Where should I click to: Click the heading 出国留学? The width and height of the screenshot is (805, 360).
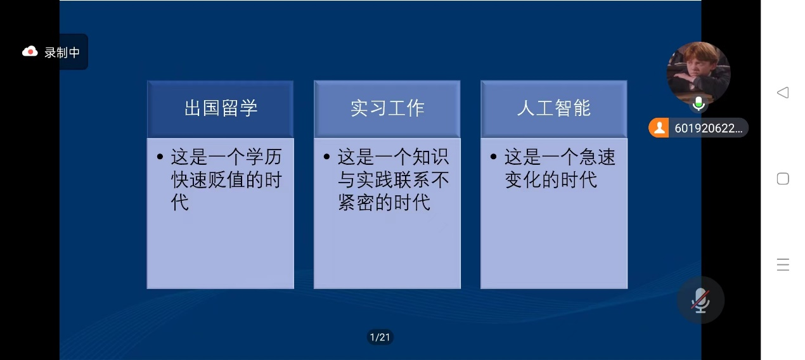coord(221,108)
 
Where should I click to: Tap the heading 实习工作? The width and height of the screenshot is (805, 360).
coord(387,108)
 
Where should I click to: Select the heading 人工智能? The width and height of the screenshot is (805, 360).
coord(554,108)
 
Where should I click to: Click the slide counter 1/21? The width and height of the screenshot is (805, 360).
coord(380,337)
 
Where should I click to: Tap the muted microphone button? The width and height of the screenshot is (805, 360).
coord(700,300)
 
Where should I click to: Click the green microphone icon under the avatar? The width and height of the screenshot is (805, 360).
coord(699,104)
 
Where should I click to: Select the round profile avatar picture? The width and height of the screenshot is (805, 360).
coord(699,74)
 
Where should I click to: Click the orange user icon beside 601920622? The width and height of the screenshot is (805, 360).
coord(659,128)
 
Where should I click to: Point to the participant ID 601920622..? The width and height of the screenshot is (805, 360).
coord(708,128)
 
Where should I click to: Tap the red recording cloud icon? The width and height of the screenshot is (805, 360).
coord(30,52)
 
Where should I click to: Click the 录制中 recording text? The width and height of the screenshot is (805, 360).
coord(62,53)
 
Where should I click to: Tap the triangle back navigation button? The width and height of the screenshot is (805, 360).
coord(783,93)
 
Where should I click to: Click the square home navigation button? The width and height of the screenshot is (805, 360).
coord(783,179)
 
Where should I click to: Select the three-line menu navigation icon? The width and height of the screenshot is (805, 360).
coord(783,265)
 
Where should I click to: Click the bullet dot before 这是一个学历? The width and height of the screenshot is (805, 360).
coord(160,157)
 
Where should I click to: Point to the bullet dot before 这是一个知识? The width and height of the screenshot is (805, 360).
coord(326,157)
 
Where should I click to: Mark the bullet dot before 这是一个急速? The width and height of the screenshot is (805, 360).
coord(493,157)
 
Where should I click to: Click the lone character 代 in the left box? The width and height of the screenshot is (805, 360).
coord(179,202)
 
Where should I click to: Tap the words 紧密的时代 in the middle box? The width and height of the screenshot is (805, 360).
coord(384,202)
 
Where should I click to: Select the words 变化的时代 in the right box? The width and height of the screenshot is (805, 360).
coord(551,179)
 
